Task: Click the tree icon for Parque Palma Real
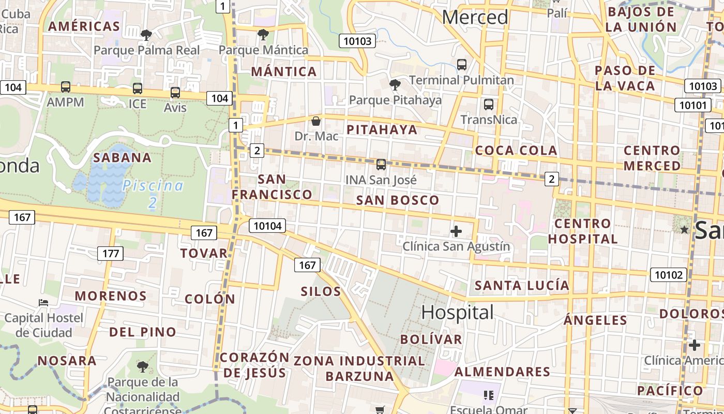(x=146, y=35)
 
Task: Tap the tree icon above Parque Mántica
(x=263, y=35)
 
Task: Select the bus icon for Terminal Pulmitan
(x=462, y=65)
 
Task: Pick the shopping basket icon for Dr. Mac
(x=316, y=121)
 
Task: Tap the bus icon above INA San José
(x=381, y=165)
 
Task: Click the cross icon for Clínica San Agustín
(x=456, y=231)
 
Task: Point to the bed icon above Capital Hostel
(x=43, y=302)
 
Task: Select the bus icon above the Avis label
(x=175, y=93)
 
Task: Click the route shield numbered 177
(x=110, y=254)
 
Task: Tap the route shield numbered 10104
(x=267, y=226)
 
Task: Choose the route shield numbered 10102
(x=668, y=275)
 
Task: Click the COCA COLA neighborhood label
(x=516, y=151)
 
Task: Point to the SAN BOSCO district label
(x=398, y=200)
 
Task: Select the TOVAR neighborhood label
(x=204, y=253)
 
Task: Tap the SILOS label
(x=321, y=291)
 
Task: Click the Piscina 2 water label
(x=153, y=194)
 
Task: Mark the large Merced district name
(x=475, y=17)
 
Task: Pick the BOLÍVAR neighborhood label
(x=431, y=339)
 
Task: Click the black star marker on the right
(x=685, y=229)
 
